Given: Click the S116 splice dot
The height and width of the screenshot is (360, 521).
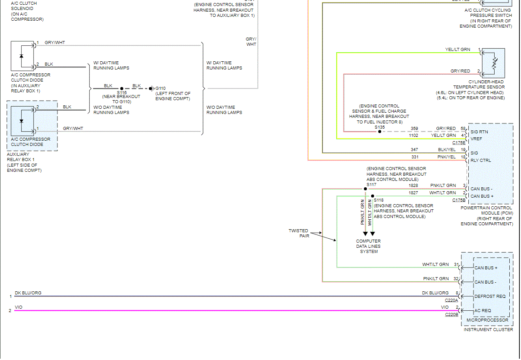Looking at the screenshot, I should pyautogui.click(x=122, y=88).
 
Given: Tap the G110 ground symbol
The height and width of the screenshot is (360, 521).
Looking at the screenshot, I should pyautogui.click(x=151, y=88).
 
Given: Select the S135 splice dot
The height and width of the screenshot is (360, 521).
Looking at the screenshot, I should pyautogui.click(x=380, y=132).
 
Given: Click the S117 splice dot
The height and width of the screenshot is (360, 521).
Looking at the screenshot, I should pyautogui.click(x=365, y=189).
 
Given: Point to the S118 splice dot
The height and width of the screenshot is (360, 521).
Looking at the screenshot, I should pyautogui.click(x=373, y=196).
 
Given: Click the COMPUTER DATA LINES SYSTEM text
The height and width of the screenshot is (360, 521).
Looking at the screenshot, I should pyautogui.click(x=368, y=246).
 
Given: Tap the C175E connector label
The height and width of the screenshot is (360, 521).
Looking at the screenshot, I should pyautogui.click(x=459, y=142).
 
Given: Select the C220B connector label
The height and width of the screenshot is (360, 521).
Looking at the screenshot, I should pyautogui.click(x=452, y=315).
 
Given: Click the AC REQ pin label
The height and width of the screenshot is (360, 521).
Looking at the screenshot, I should pyautogui.click(x=483, y=311).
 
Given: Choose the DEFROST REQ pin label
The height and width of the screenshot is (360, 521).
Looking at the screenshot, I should pyautogui.click(x=489, y=297).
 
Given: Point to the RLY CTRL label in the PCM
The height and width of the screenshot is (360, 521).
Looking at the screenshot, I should pyautogui.click(x=480, y=161).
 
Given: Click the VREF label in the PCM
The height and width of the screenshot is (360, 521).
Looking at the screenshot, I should pyautogui.click(x=476, y=139).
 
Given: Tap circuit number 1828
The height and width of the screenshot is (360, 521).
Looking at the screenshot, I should pyautogui.click(x=413, y=186).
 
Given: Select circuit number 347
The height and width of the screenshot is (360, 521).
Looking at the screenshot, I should pyautogui.click(x=414, y=150).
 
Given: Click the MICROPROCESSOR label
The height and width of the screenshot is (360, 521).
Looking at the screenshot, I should pyautogui.click(x=487, y=320).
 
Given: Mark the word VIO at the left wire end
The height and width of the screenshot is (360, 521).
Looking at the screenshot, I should pyautogui.click(x=19, y=307).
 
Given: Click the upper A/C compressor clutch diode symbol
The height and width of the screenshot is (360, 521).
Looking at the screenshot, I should pyautogui.click(x=22, y=56).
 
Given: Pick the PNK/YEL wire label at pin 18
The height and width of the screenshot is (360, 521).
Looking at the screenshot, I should pyautogui.click(x=446, y=157).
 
